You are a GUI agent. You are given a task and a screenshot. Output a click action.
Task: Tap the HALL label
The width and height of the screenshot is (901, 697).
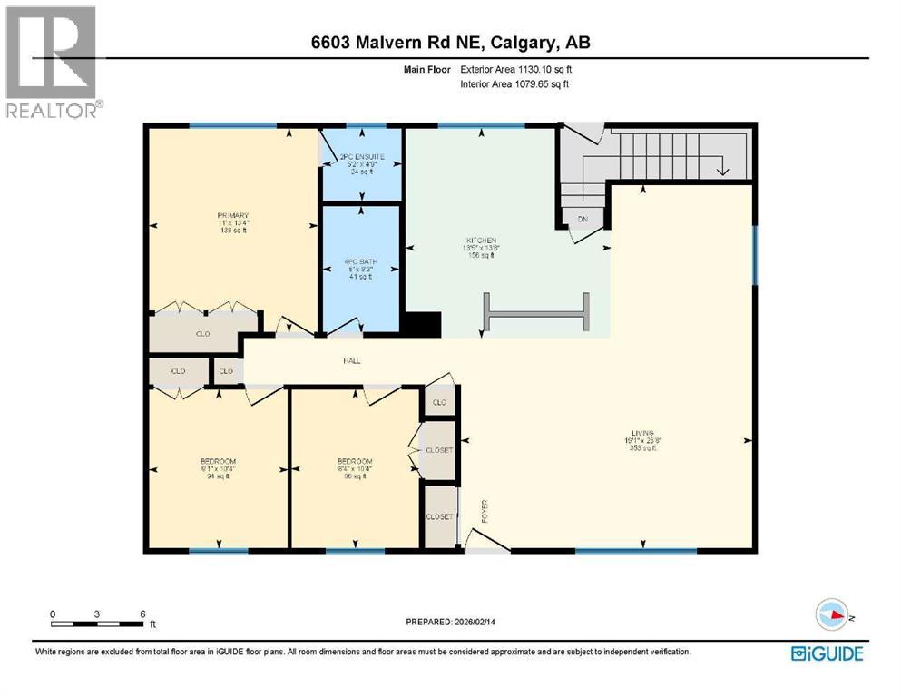[352, 360]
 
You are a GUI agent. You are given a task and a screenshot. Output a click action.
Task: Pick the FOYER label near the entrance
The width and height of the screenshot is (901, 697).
[485, 511]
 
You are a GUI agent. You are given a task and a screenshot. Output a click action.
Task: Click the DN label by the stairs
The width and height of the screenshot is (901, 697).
[583, 219]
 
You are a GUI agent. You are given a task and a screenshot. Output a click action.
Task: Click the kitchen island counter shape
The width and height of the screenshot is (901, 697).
[536, 313]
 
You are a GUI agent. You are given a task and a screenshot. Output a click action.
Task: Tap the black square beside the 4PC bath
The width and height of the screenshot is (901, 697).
[421, 325]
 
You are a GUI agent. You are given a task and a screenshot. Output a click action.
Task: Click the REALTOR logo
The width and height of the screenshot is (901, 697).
[53, 62]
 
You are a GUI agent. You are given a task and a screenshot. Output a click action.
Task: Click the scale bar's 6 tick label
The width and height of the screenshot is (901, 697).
[142, 614]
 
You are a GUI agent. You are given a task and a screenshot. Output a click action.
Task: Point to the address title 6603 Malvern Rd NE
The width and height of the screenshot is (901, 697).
[449, 43]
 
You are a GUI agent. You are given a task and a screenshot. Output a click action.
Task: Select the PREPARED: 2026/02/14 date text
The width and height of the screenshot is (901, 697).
[450, 622]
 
